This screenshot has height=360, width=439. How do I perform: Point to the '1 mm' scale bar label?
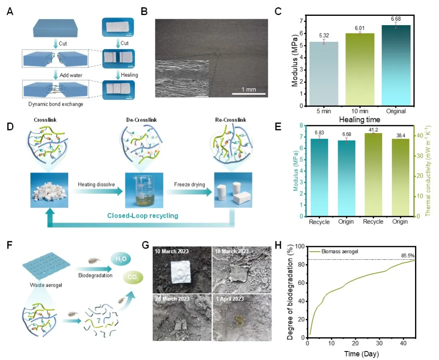pyautogui.click(x=249, y=89)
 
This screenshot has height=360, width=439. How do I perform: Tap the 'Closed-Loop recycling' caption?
pyautogui.click(x=143, y=216)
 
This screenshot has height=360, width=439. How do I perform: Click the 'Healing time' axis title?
pyautogui.click(x=359, y=120)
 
